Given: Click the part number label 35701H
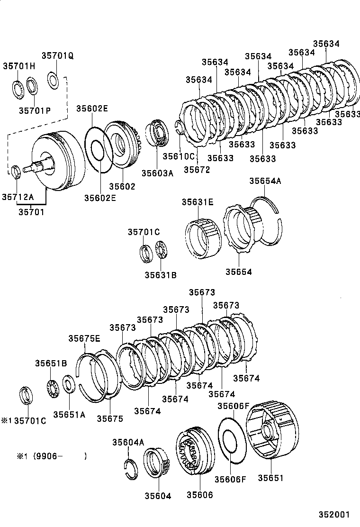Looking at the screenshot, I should click(19, 66).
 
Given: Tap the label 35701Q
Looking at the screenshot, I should click(57, 55).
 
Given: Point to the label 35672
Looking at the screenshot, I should click(197, 169).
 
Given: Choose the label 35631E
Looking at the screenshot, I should click(198, 202).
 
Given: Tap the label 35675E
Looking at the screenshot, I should click(84, 338).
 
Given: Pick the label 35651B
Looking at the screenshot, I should click(51, 363).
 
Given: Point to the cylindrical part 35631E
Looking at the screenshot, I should click(201, 240).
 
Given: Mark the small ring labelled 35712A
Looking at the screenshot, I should click(16, 171).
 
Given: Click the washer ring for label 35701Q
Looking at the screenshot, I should click(54, 80).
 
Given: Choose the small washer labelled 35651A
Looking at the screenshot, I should click(68, 384).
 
